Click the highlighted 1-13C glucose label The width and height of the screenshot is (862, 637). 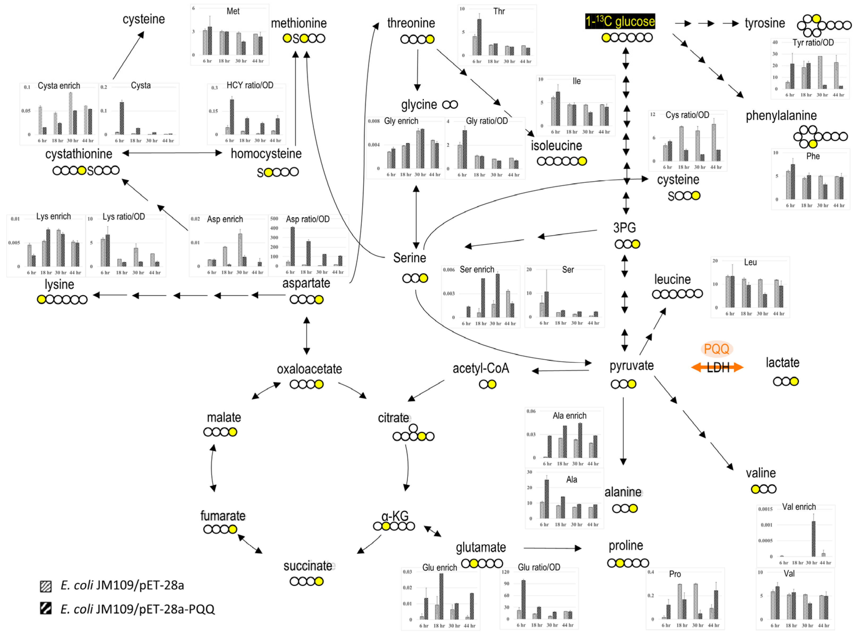pos(620,21)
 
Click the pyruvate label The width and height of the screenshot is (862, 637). pos(631,365)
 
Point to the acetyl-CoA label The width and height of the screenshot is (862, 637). pos(480,368)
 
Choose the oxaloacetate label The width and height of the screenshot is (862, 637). pos(309,369)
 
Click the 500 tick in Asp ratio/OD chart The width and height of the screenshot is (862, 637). pos(274,219)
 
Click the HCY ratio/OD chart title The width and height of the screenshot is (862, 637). pos(250,85)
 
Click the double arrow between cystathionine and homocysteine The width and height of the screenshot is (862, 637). pos(172,153)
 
